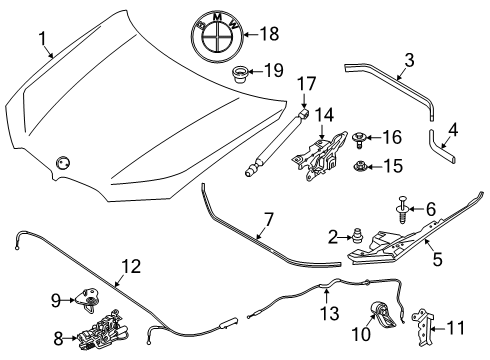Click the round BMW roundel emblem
[217, 33]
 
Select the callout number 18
[269, 33]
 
